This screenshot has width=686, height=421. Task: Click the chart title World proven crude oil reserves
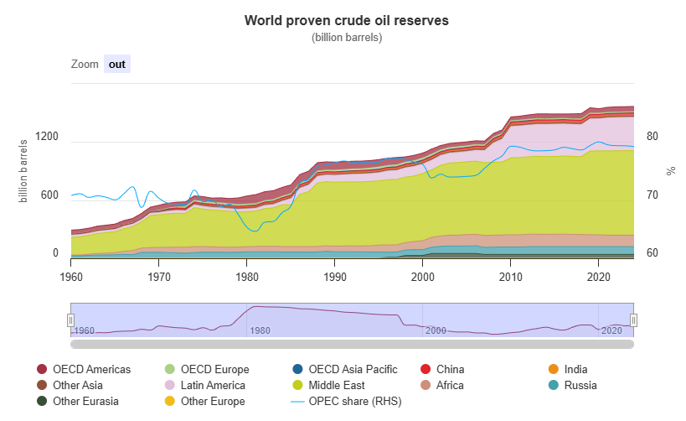[346, 20]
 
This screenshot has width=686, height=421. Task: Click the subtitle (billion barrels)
[346, 38]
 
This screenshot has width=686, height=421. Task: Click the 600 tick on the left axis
[49, 195]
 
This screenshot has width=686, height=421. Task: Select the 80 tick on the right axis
[653, 137]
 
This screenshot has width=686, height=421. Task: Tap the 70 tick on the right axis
[653, 195]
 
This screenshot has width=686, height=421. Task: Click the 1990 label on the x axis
[335, 275]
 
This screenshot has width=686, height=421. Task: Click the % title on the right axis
[671, 170]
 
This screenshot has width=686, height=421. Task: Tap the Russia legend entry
[583, 385]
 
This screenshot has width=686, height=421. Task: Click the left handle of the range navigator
[71, 320]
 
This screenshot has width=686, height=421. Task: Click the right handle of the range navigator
[634, 320]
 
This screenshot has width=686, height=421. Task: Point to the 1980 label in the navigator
[260, 330]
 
